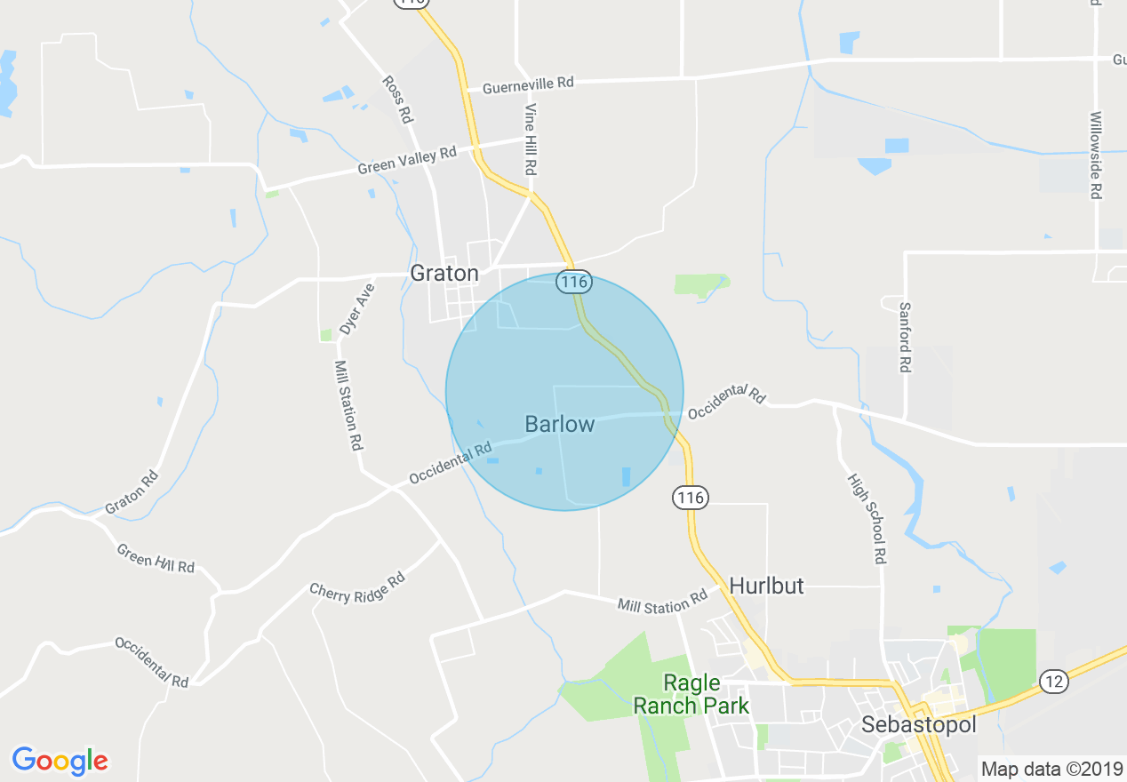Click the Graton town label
coord(444,273)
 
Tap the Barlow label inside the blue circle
coord(559,424)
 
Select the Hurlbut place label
coord(766,586)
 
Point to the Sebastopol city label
coord(919,725)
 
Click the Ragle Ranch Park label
coord(691,694)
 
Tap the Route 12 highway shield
coord(1053,682)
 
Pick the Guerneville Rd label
coord(528,85)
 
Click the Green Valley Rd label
coord(406,160)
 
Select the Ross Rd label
coord(397,99)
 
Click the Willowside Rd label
coord(1096,155)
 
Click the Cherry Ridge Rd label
coord(357,586)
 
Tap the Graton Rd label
coord(132,491)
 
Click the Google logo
coord(60,761)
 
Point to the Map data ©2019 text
coord(1051,769)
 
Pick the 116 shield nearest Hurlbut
coord(691,498)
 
